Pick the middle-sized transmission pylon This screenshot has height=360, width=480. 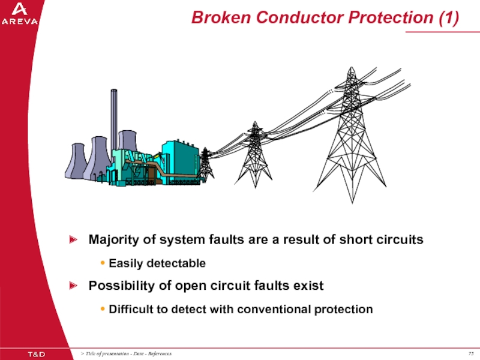pyautogui.click(x=255, y=156)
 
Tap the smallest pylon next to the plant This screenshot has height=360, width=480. pyautogui.click(x=205, y=163)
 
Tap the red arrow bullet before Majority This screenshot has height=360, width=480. pyautogui.click(x=73, y=240)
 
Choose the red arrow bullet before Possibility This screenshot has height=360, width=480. pyautogui.click(x=73, y=286)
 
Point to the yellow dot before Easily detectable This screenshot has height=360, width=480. pyautogui.click(x=103, y=263)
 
